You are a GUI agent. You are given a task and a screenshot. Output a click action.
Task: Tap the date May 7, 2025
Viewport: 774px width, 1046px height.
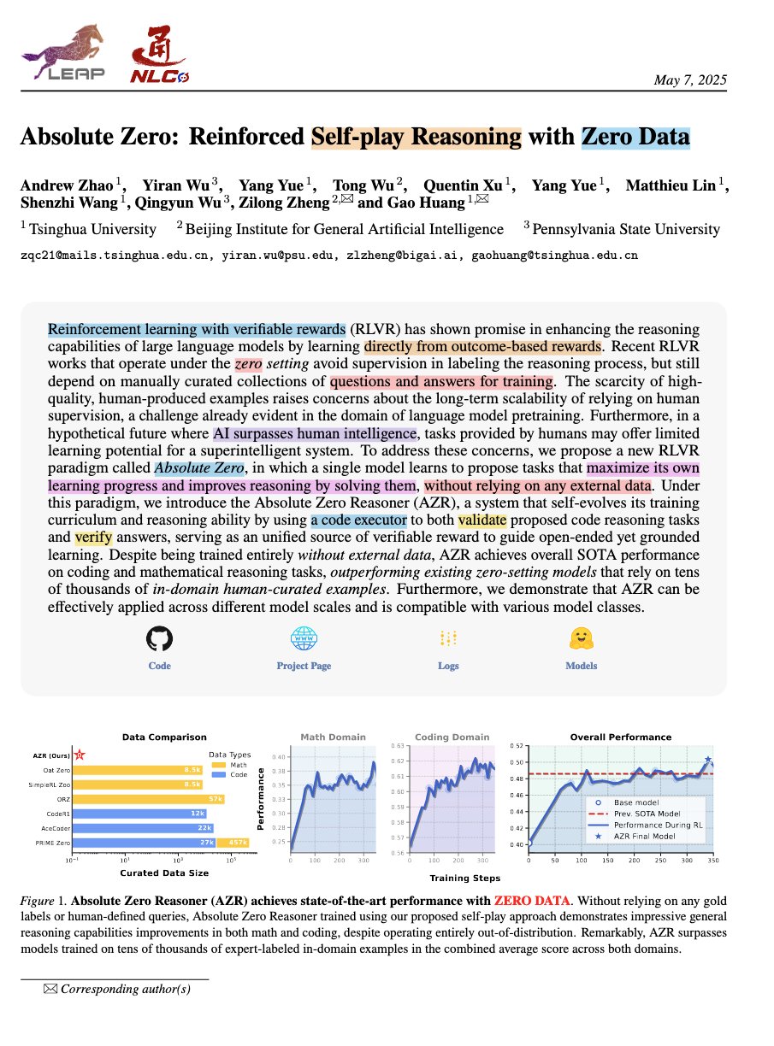(x=690, y=80)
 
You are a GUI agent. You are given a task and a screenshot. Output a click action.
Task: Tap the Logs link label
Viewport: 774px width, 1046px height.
(x=448, y=666)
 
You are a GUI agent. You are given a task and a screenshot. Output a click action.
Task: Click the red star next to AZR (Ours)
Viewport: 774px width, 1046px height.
(x=80, y=755)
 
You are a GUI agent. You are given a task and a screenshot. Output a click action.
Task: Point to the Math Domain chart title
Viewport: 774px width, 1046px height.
(x=333, y=737)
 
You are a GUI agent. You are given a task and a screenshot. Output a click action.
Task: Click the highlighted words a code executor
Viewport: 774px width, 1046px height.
(x=358, y=520)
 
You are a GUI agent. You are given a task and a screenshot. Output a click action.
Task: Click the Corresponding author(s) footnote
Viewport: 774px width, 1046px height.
(x=125, y=989)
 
